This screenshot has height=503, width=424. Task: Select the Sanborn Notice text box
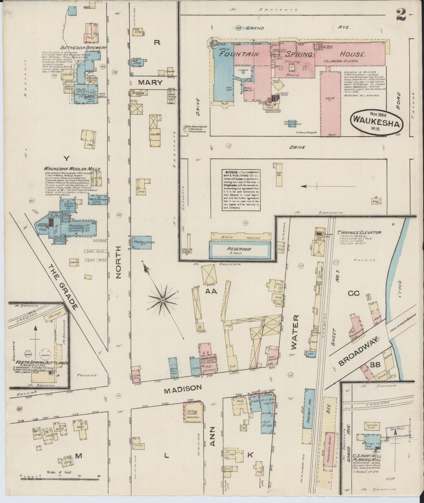(241, 189)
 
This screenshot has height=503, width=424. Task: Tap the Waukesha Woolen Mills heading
(72, 169)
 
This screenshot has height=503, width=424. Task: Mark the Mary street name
(150, 82)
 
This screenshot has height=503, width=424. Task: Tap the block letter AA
(211, 291)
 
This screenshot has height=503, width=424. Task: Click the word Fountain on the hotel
(239, 54)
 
